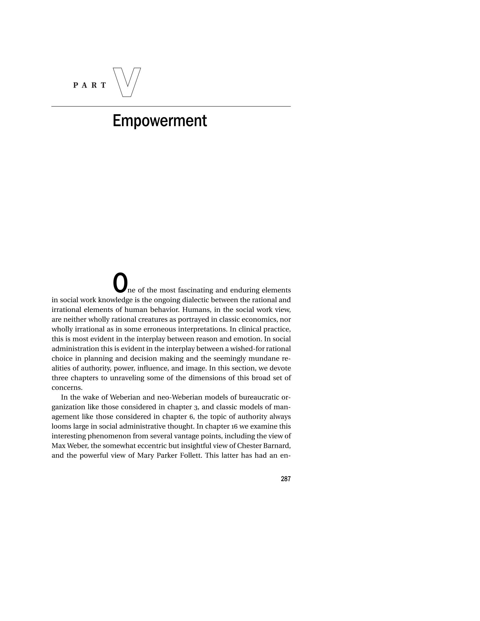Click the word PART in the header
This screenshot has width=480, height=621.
coord(90,85)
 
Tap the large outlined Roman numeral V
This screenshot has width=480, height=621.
coord(127,82)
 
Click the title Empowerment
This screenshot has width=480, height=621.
coord(159,121)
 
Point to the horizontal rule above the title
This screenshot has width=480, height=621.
coord(171,107)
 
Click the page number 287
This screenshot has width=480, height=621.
coord(285,479)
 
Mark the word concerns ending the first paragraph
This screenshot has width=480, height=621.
coord(66,388)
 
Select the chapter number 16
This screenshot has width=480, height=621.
coord(234,426)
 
